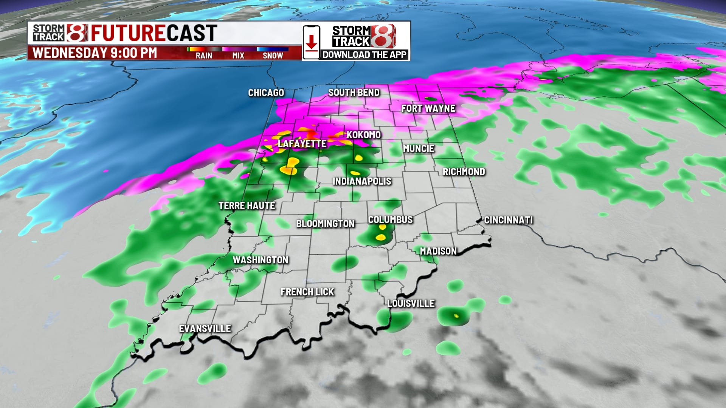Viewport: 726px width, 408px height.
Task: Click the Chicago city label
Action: click(x=266, y=93)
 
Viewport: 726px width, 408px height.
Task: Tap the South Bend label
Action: click(x=354, y=93)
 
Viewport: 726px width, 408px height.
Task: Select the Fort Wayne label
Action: click(x=428, y=108)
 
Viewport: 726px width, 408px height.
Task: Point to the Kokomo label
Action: click(x=363, y=135)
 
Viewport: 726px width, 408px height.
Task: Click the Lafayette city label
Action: click(x=302, y=144)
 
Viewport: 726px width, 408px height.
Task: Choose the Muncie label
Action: click(x=419, y=148)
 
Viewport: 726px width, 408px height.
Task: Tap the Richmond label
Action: click(x=464, y=172)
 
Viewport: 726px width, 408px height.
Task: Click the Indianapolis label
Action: click(x=362, y=181)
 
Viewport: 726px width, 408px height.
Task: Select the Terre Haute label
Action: click(x=247, y=206)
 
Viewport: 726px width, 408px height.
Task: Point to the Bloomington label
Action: click(x=325, y=224)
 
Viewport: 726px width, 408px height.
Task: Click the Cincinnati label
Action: click(x=509, y=220)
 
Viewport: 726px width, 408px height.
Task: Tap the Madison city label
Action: click(x=438, y=251)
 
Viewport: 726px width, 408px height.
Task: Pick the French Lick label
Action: click(x=307, y=292)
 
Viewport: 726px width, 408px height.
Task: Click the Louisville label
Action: click(x=411, y=303)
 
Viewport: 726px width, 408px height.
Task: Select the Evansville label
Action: click(x=205, y=329)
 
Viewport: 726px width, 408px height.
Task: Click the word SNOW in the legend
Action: click(x=273, y=56)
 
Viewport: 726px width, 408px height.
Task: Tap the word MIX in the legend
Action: click(x=238, y=56)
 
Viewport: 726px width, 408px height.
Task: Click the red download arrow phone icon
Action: click(x=311, y=42)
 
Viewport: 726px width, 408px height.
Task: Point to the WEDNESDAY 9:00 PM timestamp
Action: click(x=95, y=53)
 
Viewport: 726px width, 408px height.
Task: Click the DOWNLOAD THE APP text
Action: click(x=364, y=55)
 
